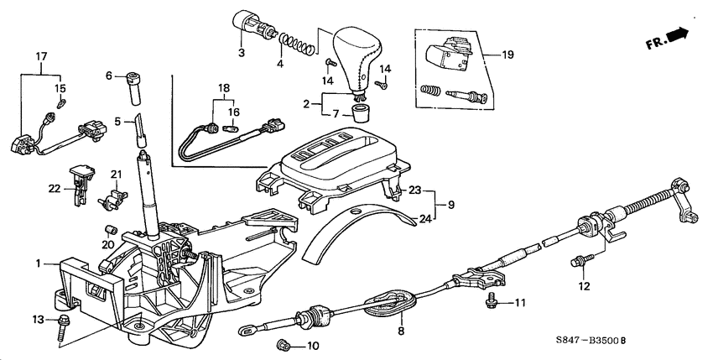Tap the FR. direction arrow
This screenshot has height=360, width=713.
point(669,37)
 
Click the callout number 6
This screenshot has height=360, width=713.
point(108,76)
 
